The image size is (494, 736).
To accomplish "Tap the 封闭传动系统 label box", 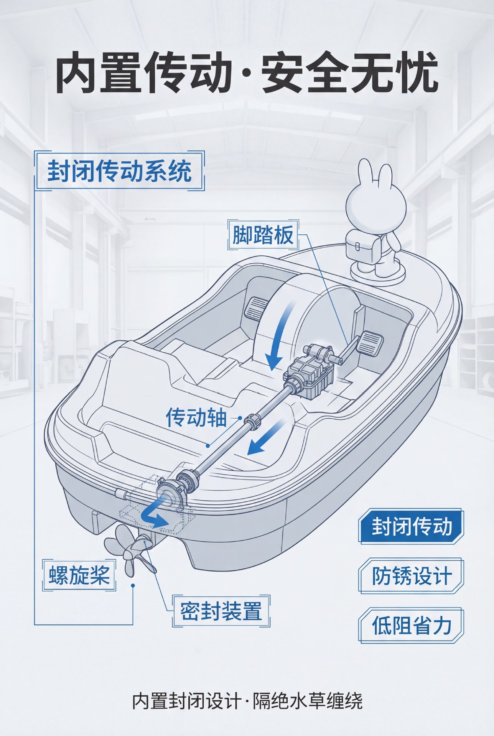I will [x=119, y=171].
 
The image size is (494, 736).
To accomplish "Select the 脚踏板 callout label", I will [x=263, y=235].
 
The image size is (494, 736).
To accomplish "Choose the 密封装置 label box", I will [x=221, y=610].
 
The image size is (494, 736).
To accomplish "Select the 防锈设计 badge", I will [x=412, y=576].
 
